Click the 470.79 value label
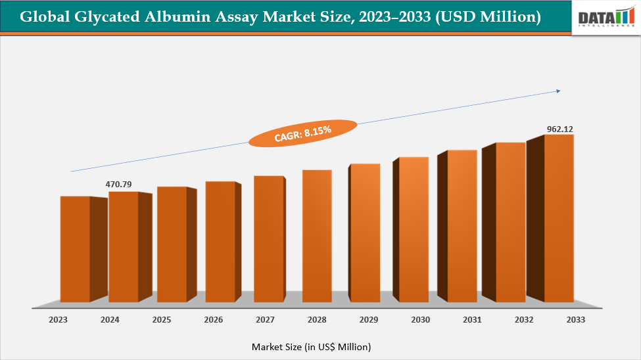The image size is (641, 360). (x=119, y=185)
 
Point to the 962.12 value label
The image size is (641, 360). (x=560, y=129)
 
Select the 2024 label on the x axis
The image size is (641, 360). (x=110, y=320)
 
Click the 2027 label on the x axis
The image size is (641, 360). (x=265, y=320)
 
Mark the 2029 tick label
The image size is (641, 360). (x=369, y=320)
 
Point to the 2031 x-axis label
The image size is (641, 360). (x=472, y=320)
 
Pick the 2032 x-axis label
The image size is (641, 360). (x=524, y=320)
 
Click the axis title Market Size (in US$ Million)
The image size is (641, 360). (x=311, y=346)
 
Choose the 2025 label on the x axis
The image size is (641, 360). (x=162, y=320)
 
